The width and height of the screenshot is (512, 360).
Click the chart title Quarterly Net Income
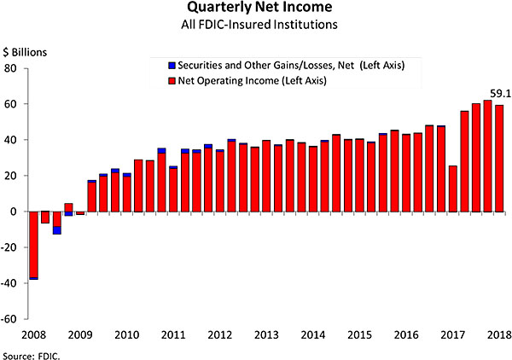click(255, 9)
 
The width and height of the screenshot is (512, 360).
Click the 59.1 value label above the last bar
click(500, 93)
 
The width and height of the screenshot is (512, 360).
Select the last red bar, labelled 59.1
click(499, 159)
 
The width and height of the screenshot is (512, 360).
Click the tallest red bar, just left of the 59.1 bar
click(487, 156)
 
